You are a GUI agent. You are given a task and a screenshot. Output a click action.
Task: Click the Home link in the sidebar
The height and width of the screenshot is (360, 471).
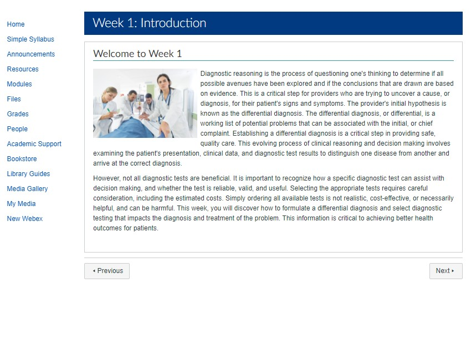(16, 24)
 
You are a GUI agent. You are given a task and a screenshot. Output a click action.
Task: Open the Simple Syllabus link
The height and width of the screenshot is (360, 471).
(30, 39)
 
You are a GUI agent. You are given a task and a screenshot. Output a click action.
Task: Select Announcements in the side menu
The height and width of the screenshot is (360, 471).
(31, 54)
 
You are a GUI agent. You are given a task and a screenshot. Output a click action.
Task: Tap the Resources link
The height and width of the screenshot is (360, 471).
(23, 69)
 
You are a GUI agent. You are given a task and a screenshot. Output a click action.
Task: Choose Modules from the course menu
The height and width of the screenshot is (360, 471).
(19, 84)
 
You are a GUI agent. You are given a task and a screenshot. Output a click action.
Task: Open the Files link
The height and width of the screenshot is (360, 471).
(14, 99)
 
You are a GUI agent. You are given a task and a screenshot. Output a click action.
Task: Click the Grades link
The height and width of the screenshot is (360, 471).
(18, 114)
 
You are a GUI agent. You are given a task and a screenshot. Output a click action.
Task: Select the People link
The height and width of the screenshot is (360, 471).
(17, 129)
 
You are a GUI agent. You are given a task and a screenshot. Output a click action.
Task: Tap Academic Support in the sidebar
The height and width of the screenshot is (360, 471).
(34, 144)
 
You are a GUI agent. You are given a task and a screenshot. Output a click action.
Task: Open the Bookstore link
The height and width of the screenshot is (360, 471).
(22, 159)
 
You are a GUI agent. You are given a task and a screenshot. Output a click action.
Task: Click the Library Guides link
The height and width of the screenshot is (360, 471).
(28, 174)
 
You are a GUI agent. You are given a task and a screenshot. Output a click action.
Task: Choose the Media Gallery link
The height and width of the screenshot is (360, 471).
(27, 189)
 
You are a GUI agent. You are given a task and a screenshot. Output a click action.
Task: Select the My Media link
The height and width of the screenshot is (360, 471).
(21, 204)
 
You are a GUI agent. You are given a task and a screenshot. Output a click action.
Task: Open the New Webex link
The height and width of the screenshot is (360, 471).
(24, 219)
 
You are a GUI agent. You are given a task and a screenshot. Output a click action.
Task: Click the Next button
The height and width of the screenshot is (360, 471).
(446, 271)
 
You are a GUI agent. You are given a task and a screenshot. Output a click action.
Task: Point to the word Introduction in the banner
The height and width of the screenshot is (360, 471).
(173, 23)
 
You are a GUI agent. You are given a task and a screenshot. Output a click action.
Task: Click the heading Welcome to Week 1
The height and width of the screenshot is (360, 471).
(137, 54)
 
